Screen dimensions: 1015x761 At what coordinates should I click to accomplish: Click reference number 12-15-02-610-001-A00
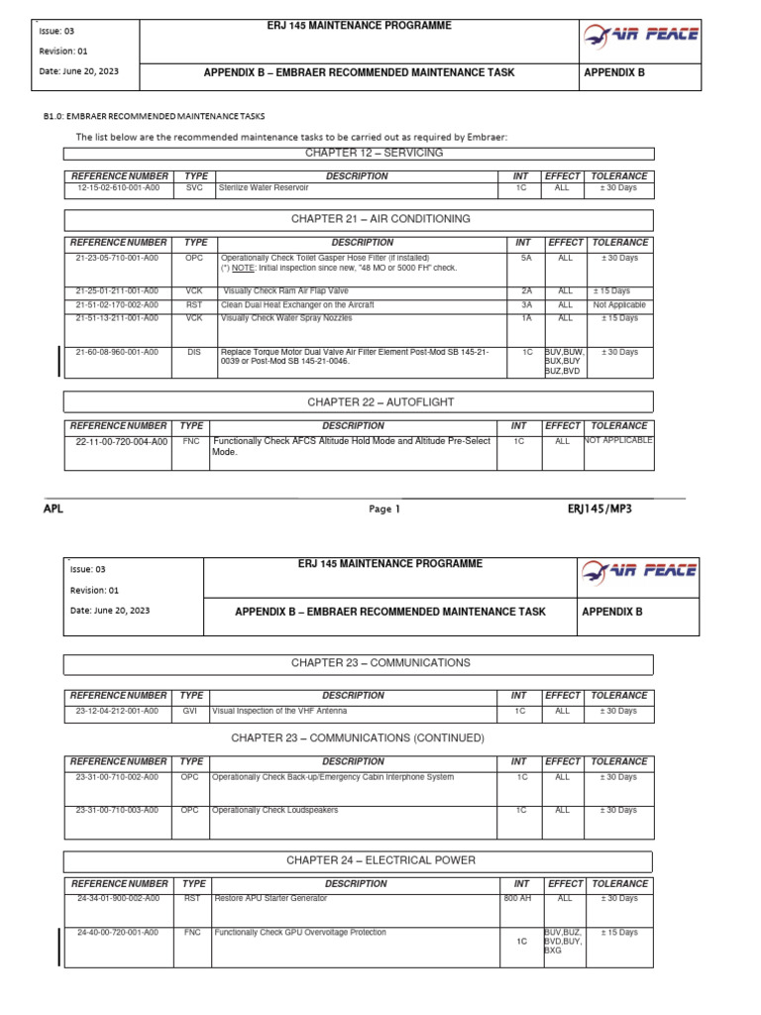pyautogui.click(x=118, y=187)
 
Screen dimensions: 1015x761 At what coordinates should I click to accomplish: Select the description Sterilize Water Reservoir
pyautogui.click(x=264, y=187)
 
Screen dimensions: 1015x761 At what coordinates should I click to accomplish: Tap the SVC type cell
pyautogui.click(x=194, y=187)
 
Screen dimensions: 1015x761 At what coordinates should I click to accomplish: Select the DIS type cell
pyautogui.click(x=194, y=352)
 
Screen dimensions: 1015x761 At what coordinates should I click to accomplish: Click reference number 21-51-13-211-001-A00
pyautogui.click(x=117, y=318)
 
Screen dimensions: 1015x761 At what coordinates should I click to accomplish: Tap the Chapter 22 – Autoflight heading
pyautogui.click(x=360, y=400)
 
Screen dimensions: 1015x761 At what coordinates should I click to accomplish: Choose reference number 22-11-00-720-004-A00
pyautogui.click(x=122, y=441)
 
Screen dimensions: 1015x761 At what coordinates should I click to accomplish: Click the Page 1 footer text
pyautogui.click(x=383, y=509)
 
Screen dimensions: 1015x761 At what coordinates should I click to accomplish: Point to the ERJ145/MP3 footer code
pyautogui.click(x=598, y=508)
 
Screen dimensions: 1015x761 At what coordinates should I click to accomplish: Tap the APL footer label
pyautogui.click(x=53, y=508)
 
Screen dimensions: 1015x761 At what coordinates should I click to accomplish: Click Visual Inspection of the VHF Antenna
pyautogui.click(x=280, y=711)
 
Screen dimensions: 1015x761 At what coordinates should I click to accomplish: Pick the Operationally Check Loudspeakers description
pyautogui.click(x=275, y=810)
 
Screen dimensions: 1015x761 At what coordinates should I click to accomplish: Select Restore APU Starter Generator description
pyautogui.click(x=271, y=898)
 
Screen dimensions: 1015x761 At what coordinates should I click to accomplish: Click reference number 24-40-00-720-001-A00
pyautogui.click(x=117, y=933)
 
